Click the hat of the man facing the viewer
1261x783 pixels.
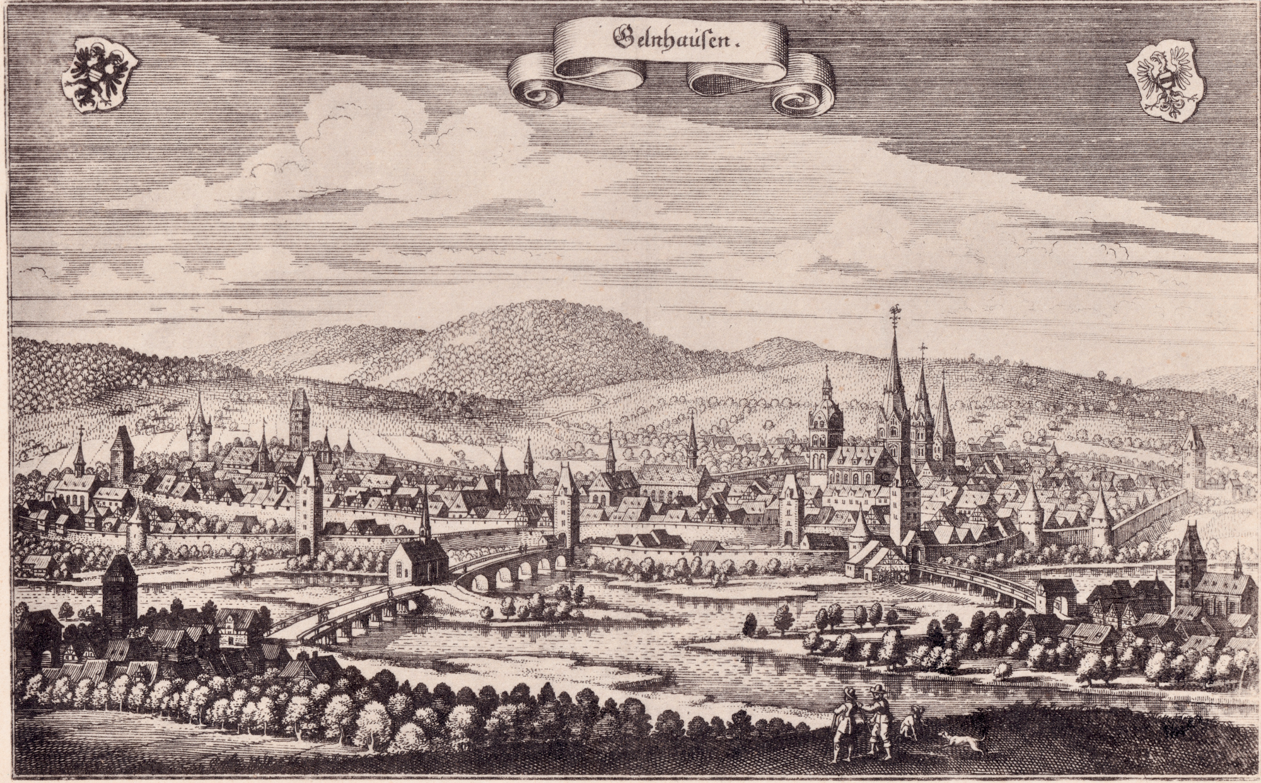coord(876,690)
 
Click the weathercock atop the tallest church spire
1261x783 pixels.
coord(893,311)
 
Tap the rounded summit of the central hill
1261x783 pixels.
coord(542,309)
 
